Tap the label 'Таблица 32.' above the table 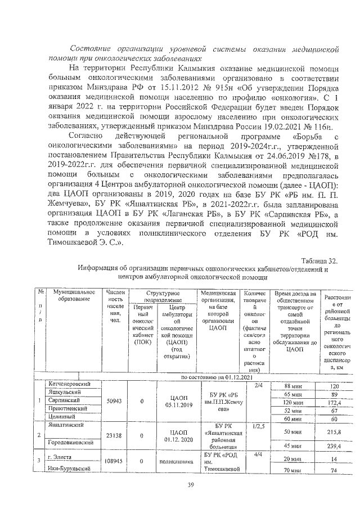(319, 261)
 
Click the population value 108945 (115, 460)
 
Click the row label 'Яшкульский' (64, 394)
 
